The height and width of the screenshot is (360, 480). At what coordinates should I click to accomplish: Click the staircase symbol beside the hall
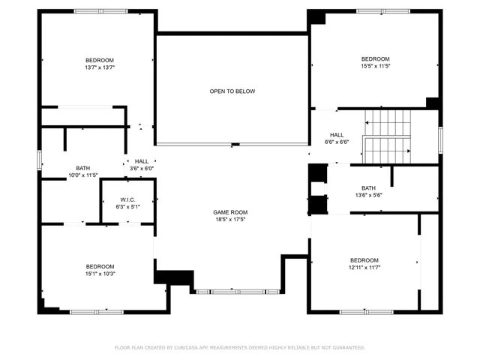(388, 135)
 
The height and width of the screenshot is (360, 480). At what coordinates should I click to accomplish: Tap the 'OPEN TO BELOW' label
(232, 91)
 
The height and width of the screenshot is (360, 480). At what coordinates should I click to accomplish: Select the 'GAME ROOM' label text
(230, 212)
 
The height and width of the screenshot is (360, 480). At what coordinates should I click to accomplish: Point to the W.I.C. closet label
(127, 199)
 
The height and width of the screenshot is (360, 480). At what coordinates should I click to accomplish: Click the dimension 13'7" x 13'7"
(99, 67)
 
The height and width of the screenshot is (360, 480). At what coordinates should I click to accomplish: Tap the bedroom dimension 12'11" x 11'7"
(364, 268)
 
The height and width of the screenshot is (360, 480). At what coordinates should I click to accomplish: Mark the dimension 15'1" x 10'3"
(99, 274)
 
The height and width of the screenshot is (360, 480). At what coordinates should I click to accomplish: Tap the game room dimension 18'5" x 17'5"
(230, 220)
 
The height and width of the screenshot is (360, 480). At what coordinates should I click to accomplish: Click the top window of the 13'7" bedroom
(100, 11)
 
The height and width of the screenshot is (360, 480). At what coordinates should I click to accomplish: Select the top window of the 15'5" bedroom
(378, 11)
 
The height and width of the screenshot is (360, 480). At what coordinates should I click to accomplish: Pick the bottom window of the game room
(235, 291)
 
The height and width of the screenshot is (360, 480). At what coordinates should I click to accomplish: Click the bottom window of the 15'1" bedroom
(97, 311)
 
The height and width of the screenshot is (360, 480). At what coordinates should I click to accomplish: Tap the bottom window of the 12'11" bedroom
(355, 311)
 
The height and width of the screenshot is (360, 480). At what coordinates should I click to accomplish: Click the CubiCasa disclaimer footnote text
(240, 347)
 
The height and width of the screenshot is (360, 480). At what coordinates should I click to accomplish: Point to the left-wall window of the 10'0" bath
(40, 160)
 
